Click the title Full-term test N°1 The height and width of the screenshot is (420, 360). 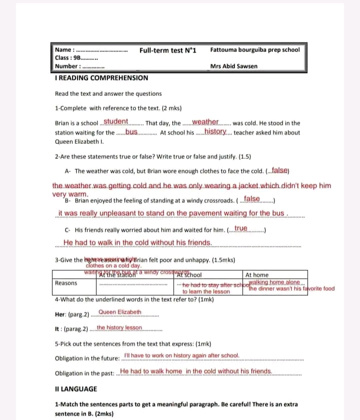(x=167, y=50)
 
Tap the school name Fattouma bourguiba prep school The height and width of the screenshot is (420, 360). (x=255, y=50)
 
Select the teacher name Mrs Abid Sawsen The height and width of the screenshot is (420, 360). (x=234, y=66)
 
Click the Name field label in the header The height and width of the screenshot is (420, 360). (x=64, y=50)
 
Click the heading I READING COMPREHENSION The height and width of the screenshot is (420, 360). (x=101, y=78)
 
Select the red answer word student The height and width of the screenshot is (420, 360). (x=116, y=122)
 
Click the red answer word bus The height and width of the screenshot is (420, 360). (x=131, y=132)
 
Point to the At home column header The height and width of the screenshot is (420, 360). (x=257, y=275)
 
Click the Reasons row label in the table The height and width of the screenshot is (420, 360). (x=66, y=283)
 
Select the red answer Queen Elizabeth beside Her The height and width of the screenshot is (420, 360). (x=120, y=312)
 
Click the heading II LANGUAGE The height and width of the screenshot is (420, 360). (x=76, y=389)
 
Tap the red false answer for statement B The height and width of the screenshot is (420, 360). (x=250, y=199)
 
